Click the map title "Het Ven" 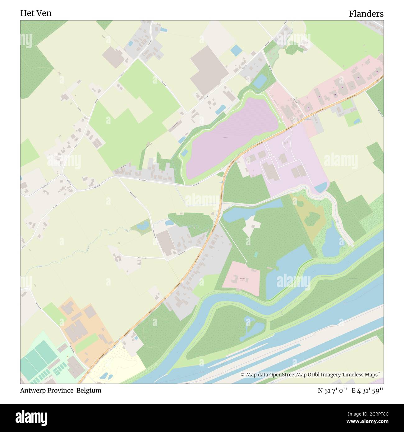click(36, 13)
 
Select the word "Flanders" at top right click(366, 14)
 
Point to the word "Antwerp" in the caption click(32, 391)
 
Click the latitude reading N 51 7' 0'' click(333, 391)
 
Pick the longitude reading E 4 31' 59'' click(368, 391)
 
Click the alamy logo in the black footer click(31, 418)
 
